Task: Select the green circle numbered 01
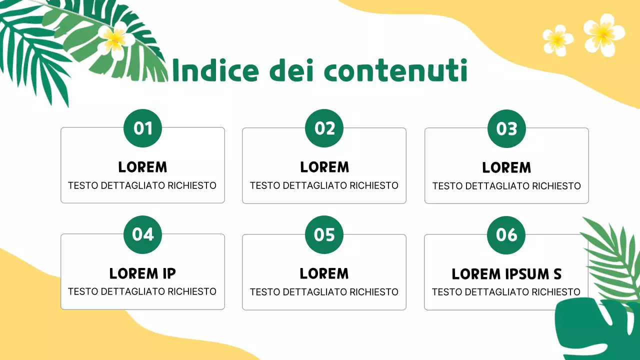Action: point(143,128)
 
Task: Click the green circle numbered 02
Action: point(324,128)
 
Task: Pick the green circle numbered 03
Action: point(506,129)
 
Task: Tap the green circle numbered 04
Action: point(143,234)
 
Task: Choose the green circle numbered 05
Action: point(324,234)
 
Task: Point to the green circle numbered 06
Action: point(506,235)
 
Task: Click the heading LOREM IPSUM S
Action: point(506,274)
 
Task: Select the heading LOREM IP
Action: point(142,273)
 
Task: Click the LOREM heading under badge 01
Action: point(142,167)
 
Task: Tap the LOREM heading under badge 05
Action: point(324,273)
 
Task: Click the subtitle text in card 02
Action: point(324,185)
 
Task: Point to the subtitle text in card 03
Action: point(506,186)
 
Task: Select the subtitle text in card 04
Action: point(142,291)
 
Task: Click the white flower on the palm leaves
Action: point(115,38)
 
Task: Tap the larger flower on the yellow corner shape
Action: point(603,34)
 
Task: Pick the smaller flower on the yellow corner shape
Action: point(557,40)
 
